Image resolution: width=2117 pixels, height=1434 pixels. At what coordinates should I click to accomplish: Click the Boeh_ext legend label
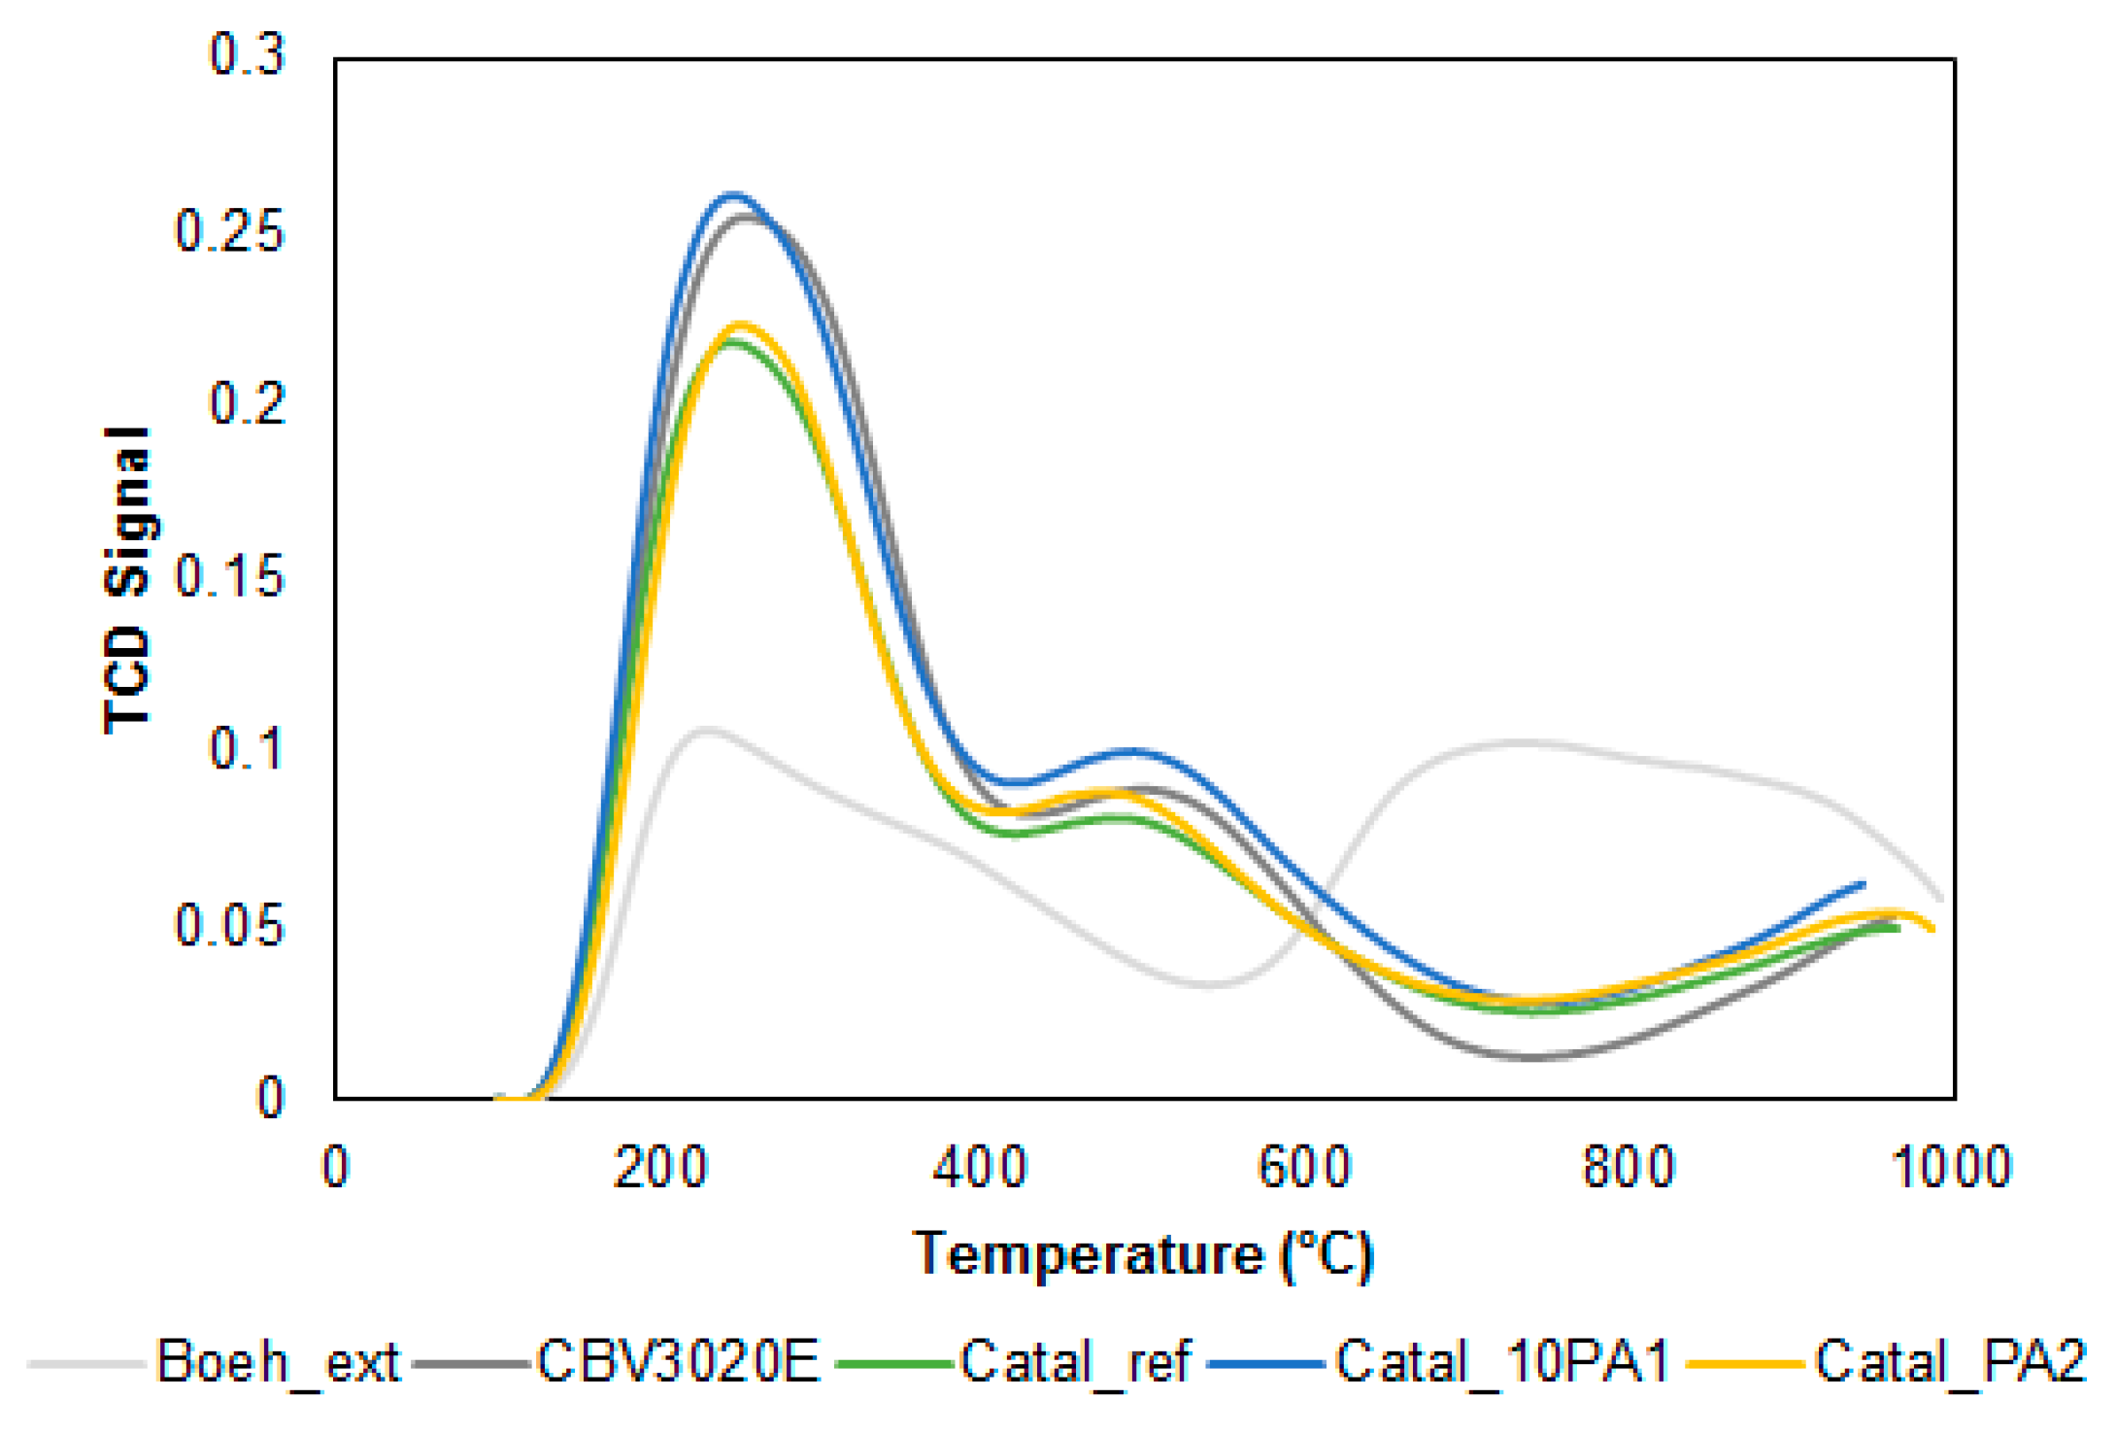click(x=277, y=1362)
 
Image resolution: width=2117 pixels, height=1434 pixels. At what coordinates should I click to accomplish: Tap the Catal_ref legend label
click(x=1076, y=1362)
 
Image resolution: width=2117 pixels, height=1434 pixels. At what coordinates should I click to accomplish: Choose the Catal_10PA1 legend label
click(x=1502, y=1362)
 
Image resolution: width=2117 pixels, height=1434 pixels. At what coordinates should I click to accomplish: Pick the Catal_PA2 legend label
click(x=1950, y=1362)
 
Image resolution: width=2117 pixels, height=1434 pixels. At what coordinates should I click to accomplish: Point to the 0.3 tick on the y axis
click(x=247, y=54)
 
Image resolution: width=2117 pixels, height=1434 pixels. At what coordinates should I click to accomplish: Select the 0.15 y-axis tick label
click(x=229, y=576)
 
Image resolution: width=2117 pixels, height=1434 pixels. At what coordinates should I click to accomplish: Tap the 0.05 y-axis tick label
click(x=229, y=925)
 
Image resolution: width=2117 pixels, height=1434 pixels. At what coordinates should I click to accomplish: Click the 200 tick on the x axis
click(x=660, y=1167)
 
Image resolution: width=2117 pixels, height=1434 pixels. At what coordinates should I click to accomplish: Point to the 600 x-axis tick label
click(x=1304, y=1167)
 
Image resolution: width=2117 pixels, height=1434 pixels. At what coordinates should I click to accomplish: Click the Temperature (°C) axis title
click(x=1144, y=1254)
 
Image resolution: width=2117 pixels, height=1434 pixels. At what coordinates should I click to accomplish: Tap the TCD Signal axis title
click(x=127, y=580)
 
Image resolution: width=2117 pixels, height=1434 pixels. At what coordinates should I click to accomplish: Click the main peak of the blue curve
click(x=733, y=195)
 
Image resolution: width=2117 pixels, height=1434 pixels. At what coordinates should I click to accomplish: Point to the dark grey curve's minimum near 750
click(x=1531, y=1057)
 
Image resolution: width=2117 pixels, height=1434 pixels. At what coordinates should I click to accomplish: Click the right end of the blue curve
click(x=1863, y=884)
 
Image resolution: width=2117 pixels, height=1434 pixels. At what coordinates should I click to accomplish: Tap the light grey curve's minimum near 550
click(x=1207, y=984)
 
